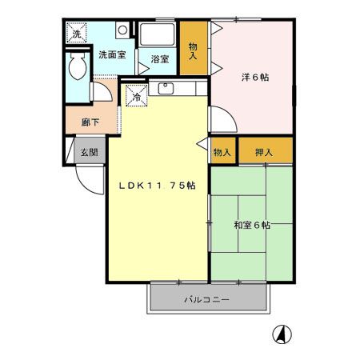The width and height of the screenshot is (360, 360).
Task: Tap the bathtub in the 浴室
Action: (158, 36)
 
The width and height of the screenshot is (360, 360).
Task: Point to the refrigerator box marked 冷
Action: (136, 97)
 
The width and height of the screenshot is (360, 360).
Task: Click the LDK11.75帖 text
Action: (158, 185)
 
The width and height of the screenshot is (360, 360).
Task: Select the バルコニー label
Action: (207, 299)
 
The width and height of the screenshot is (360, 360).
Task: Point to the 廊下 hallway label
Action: (90, 122)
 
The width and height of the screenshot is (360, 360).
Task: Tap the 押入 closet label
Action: (263, 152)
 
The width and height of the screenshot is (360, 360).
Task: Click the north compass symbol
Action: (282, 333)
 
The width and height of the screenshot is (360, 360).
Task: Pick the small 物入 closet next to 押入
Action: (222, 152)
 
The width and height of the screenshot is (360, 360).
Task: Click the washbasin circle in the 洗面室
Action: (122, 30)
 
